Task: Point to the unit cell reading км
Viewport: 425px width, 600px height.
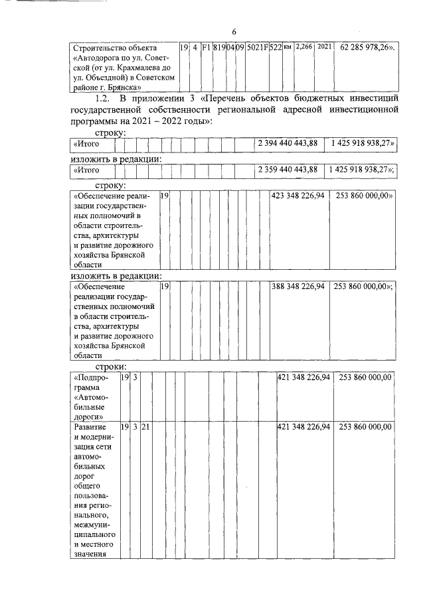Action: pos(288,48)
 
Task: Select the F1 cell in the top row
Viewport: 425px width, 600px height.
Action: pos(206,48)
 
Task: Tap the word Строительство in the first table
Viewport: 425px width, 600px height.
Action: pos(100,48)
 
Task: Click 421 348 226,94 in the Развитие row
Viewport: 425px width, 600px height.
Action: pos(303,427)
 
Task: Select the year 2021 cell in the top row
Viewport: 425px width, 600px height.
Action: pos(325,48)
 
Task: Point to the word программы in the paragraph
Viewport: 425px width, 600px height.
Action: pos(96,122)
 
